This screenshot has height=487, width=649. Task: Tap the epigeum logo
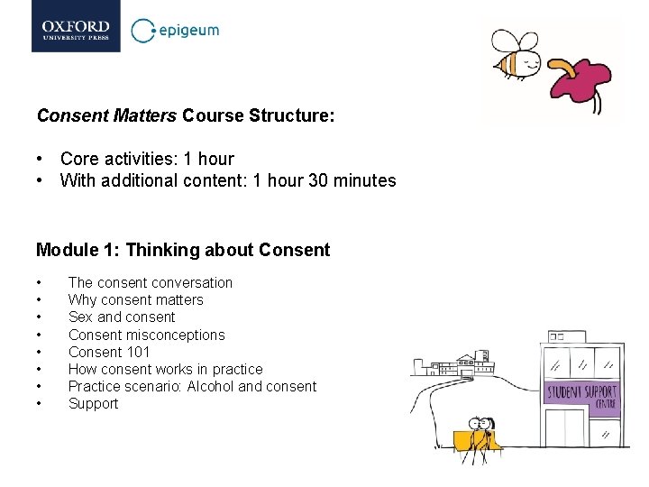tap(176, 31)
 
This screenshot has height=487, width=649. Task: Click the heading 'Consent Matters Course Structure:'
tap(186, 115)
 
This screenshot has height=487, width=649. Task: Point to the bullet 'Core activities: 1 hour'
tap(147, 159)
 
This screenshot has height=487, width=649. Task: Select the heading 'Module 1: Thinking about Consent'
tap(183, 250)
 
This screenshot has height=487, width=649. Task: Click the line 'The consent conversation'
tap(151, 282)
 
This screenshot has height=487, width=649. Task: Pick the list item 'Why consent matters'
tap(136, 299)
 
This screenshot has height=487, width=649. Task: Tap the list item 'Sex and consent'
tap(122, 317)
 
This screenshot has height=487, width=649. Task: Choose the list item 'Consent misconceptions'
tap(147, 335)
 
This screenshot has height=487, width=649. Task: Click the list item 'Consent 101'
tap(109, 352)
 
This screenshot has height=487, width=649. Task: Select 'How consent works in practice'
tap(166, 369)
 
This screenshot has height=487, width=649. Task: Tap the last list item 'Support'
tap(94, 403)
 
